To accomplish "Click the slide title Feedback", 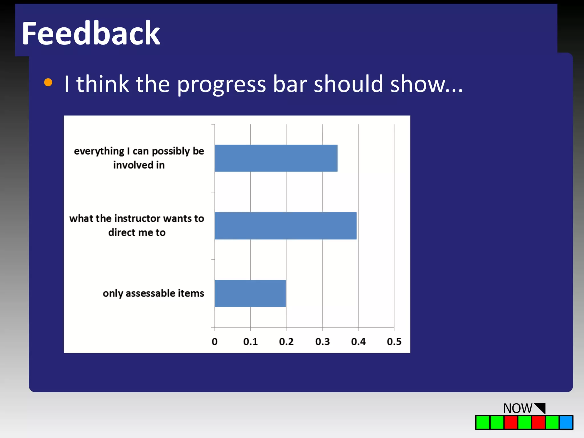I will (x=91, y=34).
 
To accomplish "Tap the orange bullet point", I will (x=48, y=82).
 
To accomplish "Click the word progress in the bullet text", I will (x=221, y=84).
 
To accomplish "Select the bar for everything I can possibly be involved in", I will (x=276, y=158).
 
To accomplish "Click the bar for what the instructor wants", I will (x=285, y=226).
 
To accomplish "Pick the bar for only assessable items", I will (x=250, y=293).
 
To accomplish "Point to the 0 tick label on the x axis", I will (x=214, y=342).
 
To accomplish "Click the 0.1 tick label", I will (x=250, y=342).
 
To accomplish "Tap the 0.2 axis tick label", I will (x=286, y=342).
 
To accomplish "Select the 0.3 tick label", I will (x=322, y=342).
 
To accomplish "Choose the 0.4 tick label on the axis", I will (x=358, y=342).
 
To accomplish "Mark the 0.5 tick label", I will (x=394, y=342).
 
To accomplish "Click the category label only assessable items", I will (x=153, y=293).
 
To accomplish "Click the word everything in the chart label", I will (x=99, y=151).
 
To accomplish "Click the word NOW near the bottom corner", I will (x=517, y=408).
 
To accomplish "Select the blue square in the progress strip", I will (x=566, y=422).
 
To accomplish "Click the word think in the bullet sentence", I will (x=102, y=84).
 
